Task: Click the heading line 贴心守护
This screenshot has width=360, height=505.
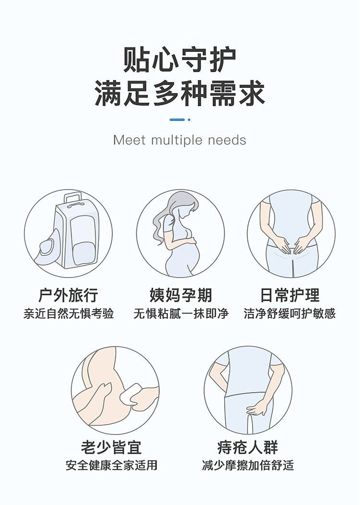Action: (x=180, y=60)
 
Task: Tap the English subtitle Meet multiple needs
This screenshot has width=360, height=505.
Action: (x=180, y=140)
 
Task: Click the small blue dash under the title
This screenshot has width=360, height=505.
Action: (x=177, y=120)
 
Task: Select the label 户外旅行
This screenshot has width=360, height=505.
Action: (x=68, y=295)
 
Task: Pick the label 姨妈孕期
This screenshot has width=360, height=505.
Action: (x=180, y=295)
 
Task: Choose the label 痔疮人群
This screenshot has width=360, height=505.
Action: (x=247, y=447)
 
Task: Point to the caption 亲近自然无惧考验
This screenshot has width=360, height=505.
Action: (x=69, y=313)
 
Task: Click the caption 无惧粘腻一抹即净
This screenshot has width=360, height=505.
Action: (x=180, y=313)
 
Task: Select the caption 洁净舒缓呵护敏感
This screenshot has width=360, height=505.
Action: (x=290, y=313)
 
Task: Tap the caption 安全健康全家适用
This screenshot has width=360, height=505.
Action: (x=111, y=465)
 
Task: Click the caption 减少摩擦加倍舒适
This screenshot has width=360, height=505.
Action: (x=248, y=465)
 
